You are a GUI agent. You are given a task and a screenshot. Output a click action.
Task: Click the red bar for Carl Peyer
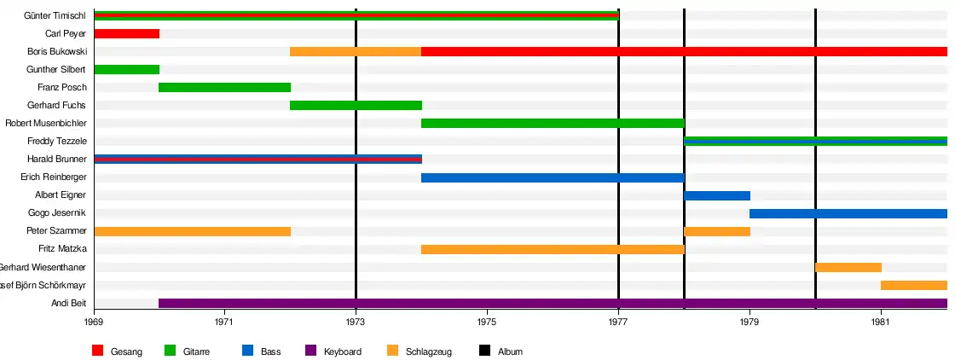(126, 33)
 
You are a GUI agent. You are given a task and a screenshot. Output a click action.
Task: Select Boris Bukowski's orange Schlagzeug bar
(356, 51)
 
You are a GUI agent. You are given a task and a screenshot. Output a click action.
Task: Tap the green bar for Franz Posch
(224, 87)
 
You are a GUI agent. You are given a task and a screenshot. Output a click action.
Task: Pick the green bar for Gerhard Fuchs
(356, 105)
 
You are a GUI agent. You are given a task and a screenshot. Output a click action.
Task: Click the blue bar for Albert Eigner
(716, 195)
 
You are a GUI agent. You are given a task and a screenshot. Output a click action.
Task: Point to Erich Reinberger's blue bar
(553, 177)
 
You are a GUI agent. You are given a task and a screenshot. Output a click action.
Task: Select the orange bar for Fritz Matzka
(553, 249)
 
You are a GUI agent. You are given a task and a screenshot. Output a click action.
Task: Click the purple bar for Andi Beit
(553, 303)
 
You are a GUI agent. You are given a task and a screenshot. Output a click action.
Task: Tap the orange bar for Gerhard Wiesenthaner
(848, 267)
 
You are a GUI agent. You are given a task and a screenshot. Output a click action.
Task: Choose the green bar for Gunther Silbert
(126, 69)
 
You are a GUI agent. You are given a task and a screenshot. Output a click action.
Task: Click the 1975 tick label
(487, 322)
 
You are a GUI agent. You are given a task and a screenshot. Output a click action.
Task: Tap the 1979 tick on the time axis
(750, 322)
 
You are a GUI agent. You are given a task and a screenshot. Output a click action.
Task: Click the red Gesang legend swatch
(97, 351)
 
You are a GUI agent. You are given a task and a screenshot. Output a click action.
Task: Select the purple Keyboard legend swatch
(310, 351)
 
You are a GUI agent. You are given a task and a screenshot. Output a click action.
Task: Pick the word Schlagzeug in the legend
(429, 351)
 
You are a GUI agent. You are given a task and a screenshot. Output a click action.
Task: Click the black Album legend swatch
(484, 351)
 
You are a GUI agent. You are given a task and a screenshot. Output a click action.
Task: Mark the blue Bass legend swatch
(247, 351)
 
